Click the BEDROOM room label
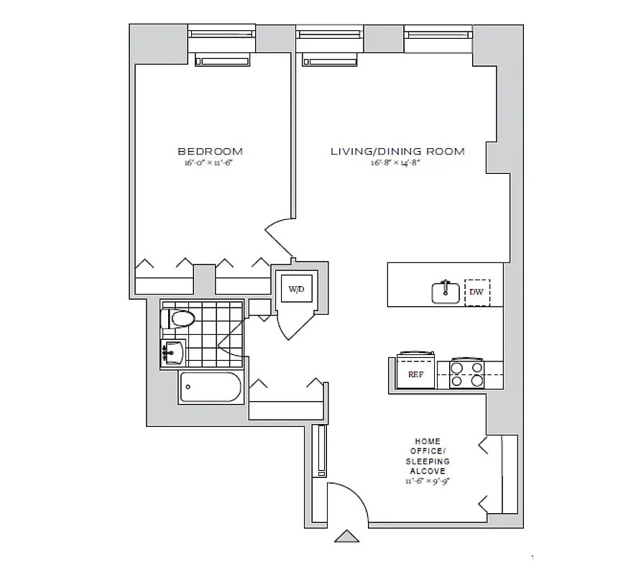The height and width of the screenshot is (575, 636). [x=210, y=152]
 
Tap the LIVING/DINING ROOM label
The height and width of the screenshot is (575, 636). [x=397, y=152]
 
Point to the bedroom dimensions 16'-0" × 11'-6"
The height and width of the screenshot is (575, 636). [x=210, y=163]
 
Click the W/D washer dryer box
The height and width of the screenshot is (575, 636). [x=295, y=290]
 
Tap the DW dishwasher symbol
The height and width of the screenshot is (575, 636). [x=476, y=293]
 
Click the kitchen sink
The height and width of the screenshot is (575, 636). [x=446, y=292]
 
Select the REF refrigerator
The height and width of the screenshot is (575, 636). [x=415, y=373]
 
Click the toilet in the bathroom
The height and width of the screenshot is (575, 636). [x=181, y=318]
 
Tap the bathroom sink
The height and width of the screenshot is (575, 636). [x=173, y=352]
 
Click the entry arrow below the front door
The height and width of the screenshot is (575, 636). [x=347, y=537]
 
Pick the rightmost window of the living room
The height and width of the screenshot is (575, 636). [x=438, y=34]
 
